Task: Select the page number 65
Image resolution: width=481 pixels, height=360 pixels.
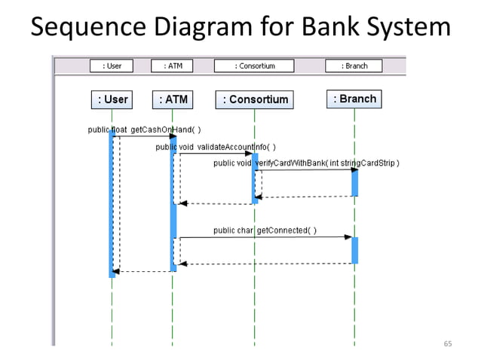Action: pyautogui.click(x=448, y=344)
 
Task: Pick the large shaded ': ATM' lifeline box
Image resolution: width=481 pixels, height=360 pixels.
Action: pyautogui.click(x=173, y=99)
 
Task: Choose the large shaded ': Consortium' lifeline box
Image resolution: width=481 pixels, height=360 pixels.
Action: pyautogui.click(x=255, y=99)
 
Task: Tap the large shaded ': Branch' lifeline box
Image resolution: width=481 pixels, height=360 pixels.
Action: pyautogui.click(x=354, y=99)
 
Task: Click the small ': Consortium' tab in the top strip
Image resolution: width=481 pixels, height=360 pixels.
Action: pyautogui.click(x=254, y=66)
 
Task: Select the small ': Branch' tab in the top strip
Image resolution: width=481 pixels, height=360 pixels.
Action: pyautogui.click(x=354, y=66)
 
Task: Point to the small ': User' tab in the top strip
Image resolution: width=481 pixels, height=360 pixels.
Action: pyautogui.click(x=112, y=66)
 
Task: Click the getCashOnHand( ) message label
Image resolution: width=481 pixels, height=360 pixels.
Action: pyautogui.click(x=144, y=130)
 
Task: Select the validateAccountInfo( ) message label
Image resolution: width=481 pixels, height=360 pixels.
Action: pyautogui.click(x=216, y=146)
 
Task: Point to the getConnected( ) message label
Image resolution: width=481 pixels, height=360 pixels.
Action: pyautogui.click(x=265, y=230)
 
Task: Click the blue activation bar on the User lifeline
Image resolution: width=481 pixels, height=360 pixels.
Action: pyautogui.click(x=112, y=203)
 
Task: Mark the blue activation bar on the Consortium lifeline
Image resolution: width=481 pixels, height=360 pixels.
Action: pyautogui.click(x=255, y=178)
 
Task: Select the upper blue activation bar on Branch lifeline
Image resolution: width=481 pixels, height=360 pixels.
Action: pyautogui.click(x=354, y=182)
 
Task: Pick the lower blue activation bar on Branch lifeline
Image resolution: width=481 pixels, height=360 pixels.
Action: pyautogui.click(x=354, y=250)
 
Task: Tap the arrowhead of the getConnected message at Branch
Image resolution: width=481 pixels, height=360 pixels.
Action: pyautogui.click(x=348, y=237)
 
